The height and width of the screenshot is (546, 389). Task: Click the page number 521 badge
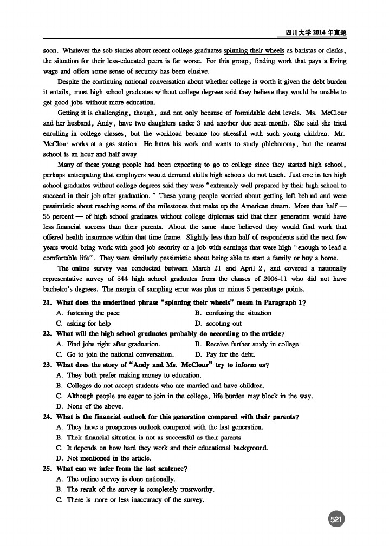coord(336,519)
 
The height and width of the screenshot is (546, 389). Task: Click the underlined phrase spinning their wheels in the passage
coord(254,51)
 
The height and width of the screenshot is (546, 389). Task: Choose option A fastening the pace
coord(89,313)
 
